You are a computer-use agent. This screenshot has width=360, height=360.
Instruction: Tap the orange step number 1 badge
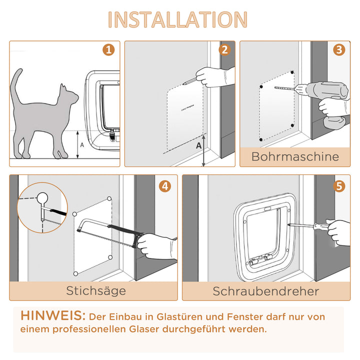click(108, 50)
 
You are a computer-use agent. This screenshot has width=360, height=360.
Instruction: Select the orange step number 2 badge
click(224, 50)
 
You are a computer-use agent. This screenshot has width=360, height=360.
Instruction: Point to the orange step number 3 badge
click(339, 50)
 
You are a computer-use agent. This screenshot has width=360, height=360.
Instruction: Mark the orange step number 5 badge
click(339, 186)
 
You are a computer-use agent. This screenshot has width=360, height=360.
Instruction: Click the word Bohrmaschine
click(295, 156)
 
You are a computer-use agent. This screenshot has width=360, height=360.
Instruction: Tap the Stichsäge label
click(96, 290)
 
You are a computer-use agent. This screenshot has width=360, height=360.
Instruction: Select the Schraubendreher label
click(265, 291)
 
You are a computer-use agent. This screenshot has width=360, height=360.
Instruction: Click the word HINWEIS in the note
click(53, 316)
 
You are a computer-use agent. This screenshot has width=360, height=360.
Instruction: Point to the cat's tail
click(15, 85)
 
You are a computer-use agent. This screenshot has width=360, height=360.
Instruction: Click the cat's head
click(68, 95)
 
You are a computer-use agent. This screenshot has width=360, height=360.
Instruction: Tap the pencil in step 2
click(189, 79)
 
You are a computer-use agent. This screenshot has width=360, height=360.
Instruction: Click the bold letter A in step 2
click(198, 145)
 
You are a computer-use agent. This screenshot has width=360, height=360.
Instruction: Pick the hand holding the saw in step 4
click(156, 246)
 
